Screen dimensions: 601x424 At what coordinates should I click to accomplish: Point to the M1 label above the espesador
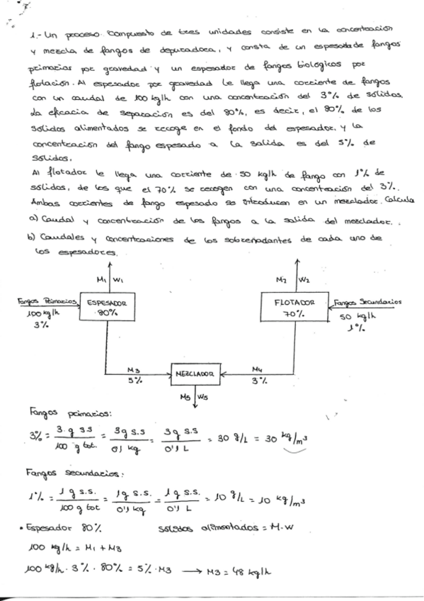pos(101,279)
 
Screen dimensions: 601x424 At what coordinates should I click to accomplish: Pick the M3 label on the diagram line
pos(132,368)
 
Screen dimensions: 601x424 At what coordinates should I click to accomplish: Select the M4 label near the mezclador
pos(260,369)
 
